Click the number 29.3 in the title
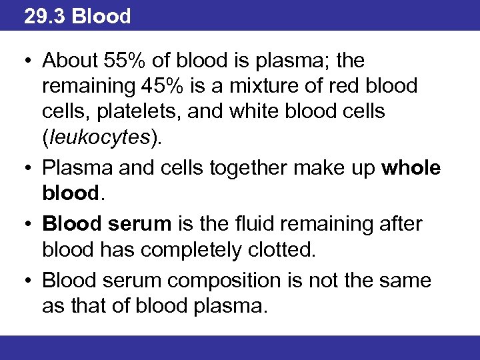(45, 16)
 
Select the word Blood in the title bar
(101, 16)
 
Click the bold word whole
(411, 168)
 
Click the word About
(71, 61)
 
